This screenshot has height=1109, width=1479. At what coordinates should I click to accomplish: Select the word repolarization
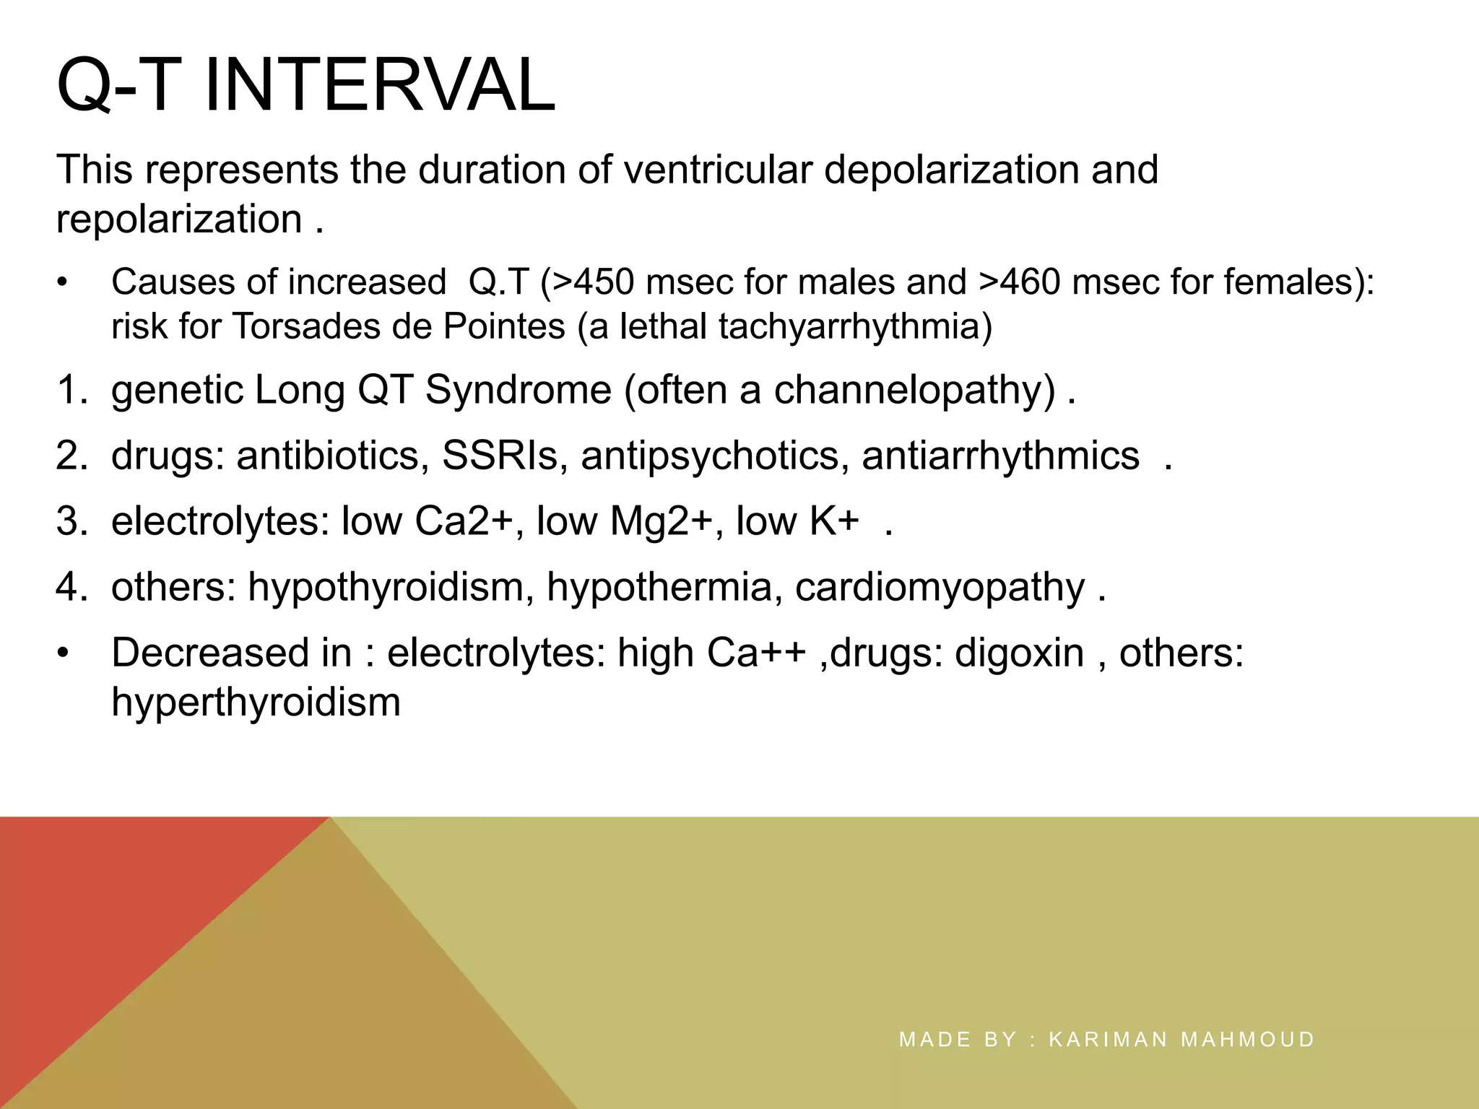point(179,219)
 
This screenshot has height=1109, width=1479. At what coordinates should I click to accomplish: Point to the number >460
point(1020,282)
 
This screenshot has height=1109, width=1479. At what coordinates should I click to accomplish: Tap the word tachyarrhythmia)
point(856,326)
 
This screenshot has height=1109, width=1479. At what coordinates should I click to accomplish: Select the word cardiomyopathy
point(940,587)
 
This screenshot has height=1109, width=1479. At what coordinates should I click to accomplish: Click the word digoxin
point(1019,653)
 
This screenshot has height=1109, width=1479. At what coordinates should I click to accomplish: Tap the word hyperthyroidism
point(256,702)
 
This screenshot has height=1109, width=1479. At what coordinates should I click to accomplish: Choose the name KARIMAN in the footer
point(1108,1040)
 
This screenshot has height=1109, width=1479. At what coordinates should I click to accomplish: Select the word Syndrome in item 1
point(518,391)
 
